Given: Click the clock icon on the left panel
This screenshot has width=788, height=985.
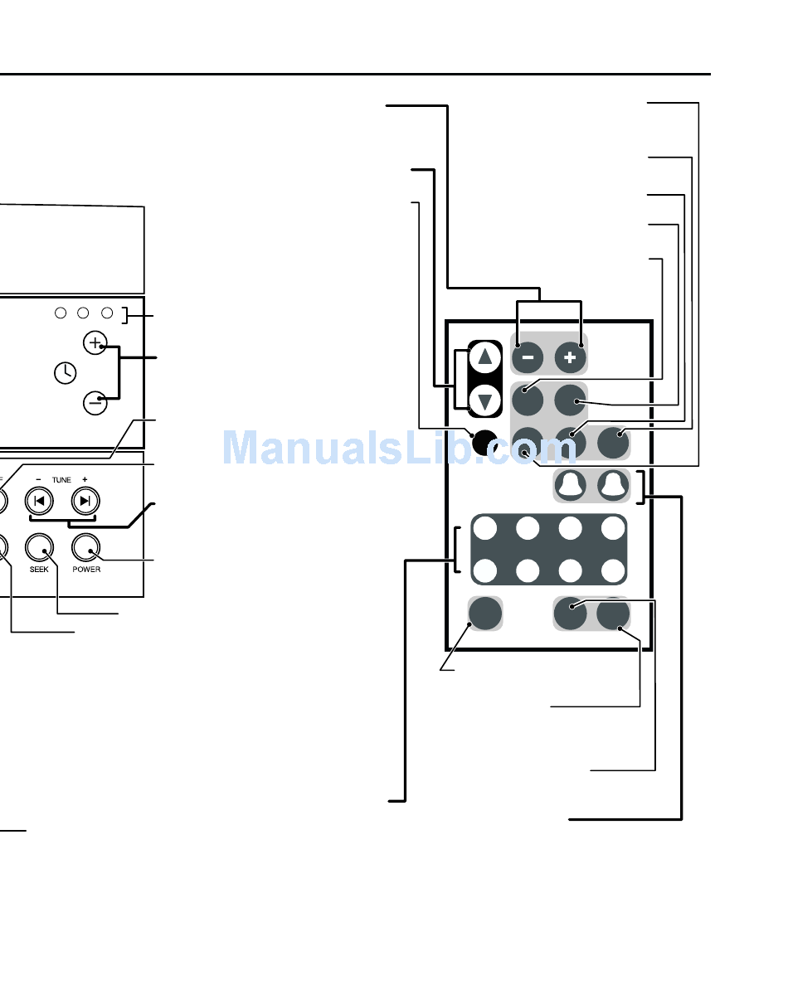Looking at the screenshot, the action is pos(64,374).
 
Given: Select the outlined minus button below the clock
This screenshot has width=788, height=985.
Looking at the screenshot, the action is pos(95,404).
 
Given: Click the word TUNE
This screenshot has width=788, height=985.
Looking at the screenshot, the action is pos(61,479).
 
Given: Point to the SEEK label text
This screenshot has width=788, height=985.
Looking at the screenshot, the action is pos(39,570).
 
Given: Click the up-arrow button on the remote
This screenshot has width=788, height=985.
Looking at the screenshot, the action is pos(485,358).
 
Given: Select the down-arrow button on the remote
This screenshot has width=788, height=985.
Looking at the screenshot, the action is pos(485,401).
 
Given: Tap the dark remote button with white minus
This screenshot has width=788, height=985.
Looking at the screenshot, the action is pos(528,357).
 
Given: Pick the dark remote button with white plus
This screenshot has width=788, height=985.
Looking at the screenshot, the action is pos(570,357).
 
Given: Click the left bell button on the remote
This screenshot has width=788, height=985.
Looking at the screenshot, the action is pos(570,486).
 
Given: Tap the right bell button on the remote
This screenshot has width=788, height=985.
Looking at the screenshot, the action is pos(612,486).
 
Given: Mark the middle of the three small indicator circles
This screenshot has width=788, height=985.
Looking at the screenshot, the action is pos(83,313).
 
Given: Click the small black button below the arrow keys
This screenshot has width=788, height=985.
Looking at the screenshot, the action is pos(482,442).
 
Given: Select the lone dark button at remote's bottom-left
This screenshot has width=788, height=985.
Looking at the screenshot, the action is pos(485,614).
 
